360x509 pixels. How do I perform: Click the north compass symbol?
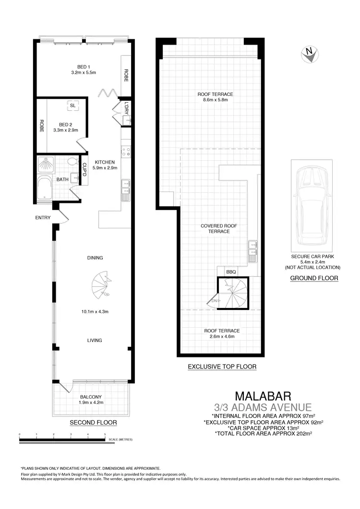pyautogui.click(x=310, y=54)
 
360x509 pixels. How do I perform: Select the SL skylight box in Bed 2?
pyautogui.click(x=72, y=105)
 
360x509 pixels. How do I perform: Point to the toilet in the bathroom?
pyautogui.click(x=72, y=162)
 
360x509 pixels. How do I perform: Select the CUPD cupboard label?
pyautogui.click(x=84, y=170)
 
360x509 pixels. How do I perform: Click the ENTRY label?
pyautogui.click(x=43, y=218)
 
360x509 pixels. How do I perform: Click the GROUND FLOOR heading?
pyautogui.click(x=314, y=278)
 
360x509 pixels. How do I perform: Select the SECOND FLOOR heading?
pyautogui.click(x=93, y=423)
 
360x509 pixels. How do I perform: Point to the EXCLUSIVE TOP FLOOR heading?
pyautogui.click(x=222, y=367)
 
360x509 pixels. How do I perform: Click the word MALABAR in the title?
pyautogui.click(x=263, y=396)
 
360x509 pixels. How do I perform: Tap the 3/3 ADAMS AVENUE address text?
pyautogui.click(x=263, y=407)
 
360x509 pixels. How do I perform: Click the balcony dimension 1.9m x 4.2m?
pyautogui.click(x=91, y=403)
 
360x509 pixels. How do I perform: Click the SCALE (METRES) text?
pyautogui.click(x=120, y=439)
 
